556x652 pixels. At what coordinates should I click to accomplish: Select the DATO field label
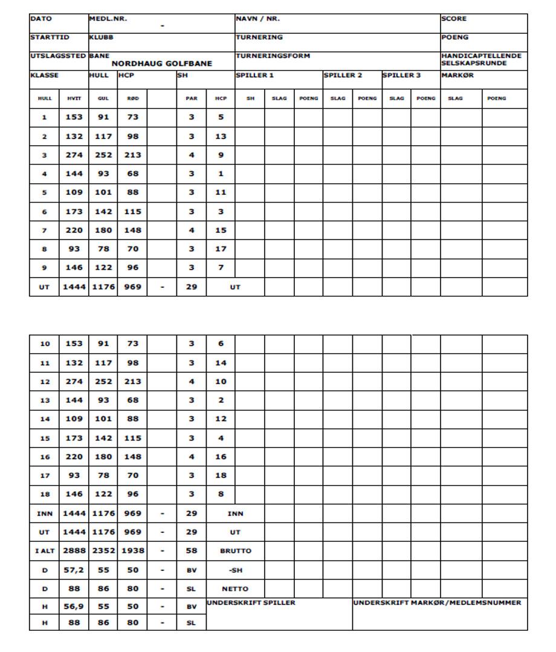[39, 19]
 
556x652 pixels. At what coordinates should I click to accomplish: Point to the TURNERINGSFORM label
[273, 56]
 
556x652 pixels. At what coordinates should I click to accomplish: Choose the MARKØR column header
[454, 75]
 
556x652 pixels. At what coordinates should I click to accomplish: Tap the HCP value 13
[221, 137]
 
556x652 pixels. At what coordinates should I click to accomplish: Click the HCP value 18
[221, 475]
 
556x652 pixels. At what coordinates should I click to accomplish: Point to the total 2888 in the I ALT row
[74, 551]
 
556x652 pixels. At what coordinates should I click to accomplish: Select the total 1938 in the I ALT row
[132, 551]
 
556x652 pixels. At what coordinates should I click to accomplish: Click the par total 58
[191, 551]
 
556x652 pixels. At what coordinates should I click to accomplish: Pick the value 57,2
[74, 570]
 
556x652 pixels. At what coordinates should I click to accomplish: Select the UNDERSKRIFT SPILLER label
[251, 602]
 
